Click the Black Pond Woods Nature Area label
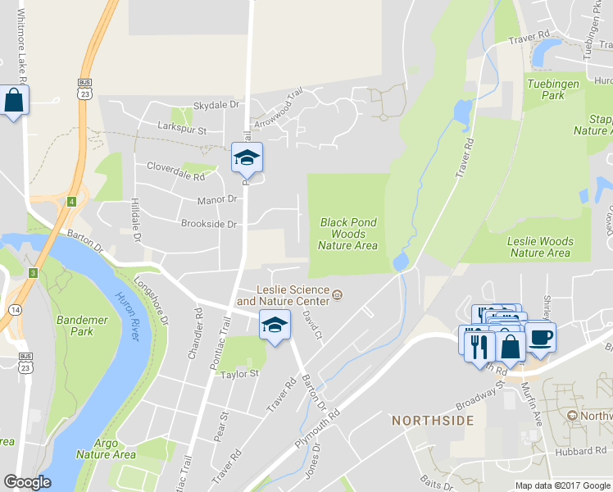348,234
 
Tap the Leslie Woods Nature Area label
539,247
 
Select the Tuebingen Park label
553,89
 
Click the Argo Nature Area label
106,449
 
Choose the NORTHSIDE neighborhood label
433,421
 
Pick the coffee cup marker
540,337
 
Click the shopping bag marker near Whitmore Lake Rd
14,102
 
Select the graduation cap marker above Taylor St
275,325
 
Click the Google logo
27,482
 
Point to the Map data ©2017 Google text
561,485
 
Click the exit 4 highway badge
72,201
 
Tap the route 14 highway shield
16,309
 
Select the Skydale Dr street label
216,105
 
